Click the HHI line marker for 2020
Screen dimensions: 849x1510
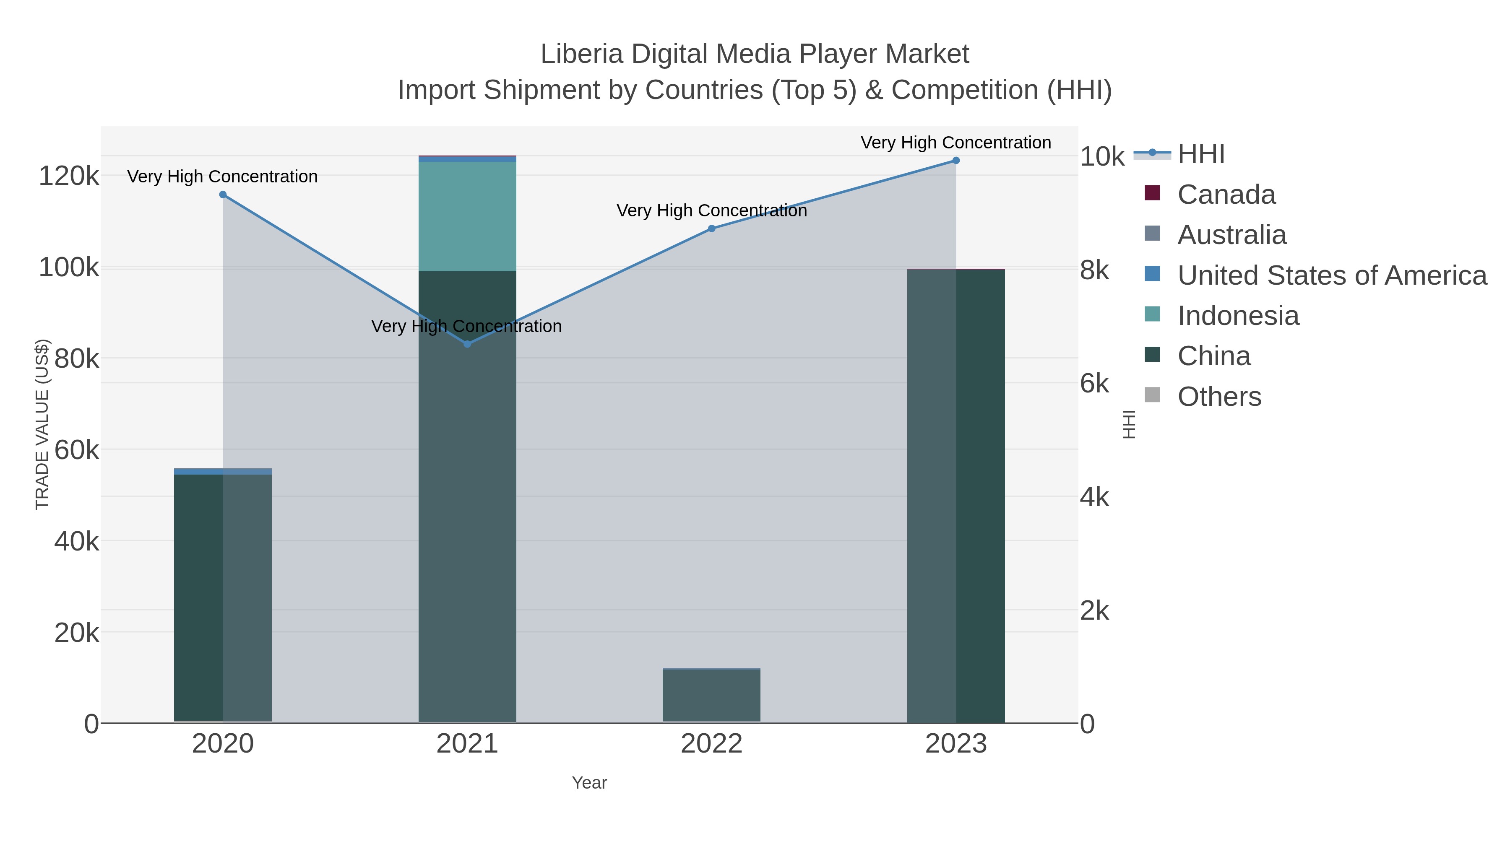pos(223,195)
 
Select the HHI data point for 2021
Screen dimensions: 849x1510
pos(467,344)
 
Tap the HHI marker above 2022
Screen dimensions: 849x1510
pos(712,228)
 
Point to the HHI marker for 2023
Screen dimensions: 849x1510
pos(956,161)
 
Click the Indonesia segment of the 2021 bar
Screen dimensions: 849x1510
pos(467,216)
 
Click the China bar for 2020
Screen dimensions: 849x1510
pos(223,597)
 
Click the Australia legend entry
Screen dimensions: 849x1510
pos(1231,235)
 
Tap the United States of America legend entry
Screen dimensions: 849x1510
pos(1331,275)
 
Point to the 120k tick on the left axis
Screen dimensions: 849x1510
pos(69,176)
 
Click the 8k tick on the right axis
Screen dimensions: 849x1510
pos(1094,271)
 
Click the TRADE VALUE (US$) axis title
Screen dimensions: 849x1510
pos(42,424)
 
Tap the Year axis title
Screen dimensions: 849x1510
pos(589,783)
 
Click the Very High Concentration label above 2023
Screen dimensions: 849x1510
pos(955,143)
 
